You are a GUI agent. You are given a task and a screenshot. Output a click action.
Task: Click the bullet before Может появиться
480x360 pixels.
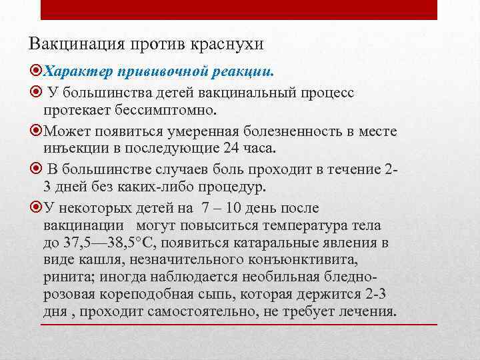pyautogui.click(x=36, y=129)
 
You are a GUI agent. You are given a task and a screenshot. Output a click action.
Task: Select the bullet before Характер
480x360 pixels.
pyautogui.click(x=36, y=70)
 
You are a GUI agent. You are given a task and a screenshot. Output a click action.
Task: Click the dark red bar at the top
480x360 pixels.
pyautogui.click(x=239, y=9)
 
